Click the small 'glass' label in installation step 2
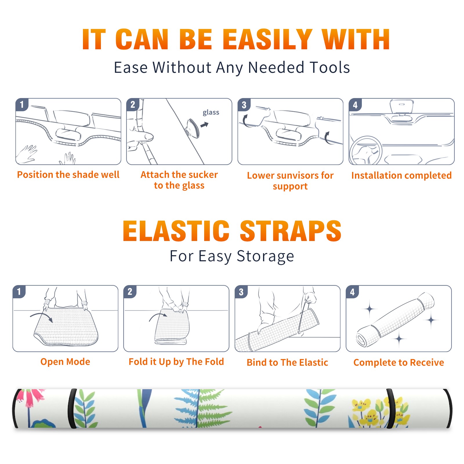[211, 113]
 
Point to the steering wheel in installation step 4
[366, 151]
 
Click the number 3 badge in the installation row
[244, 105]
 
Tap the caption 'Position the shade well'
[68, 175]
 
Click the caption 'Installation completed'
[401, 175]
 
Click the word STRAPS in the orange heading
[291, 231]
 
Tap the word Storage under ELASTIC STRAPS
[265, 256]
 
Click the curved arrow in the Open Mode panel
[41, 316]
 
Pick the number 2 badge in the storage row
[130, 291]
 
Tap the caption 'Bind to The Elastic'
[287, 362]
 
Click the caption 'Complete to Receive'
[399, 362]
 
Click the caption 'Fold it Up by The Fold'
[176, 362]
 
